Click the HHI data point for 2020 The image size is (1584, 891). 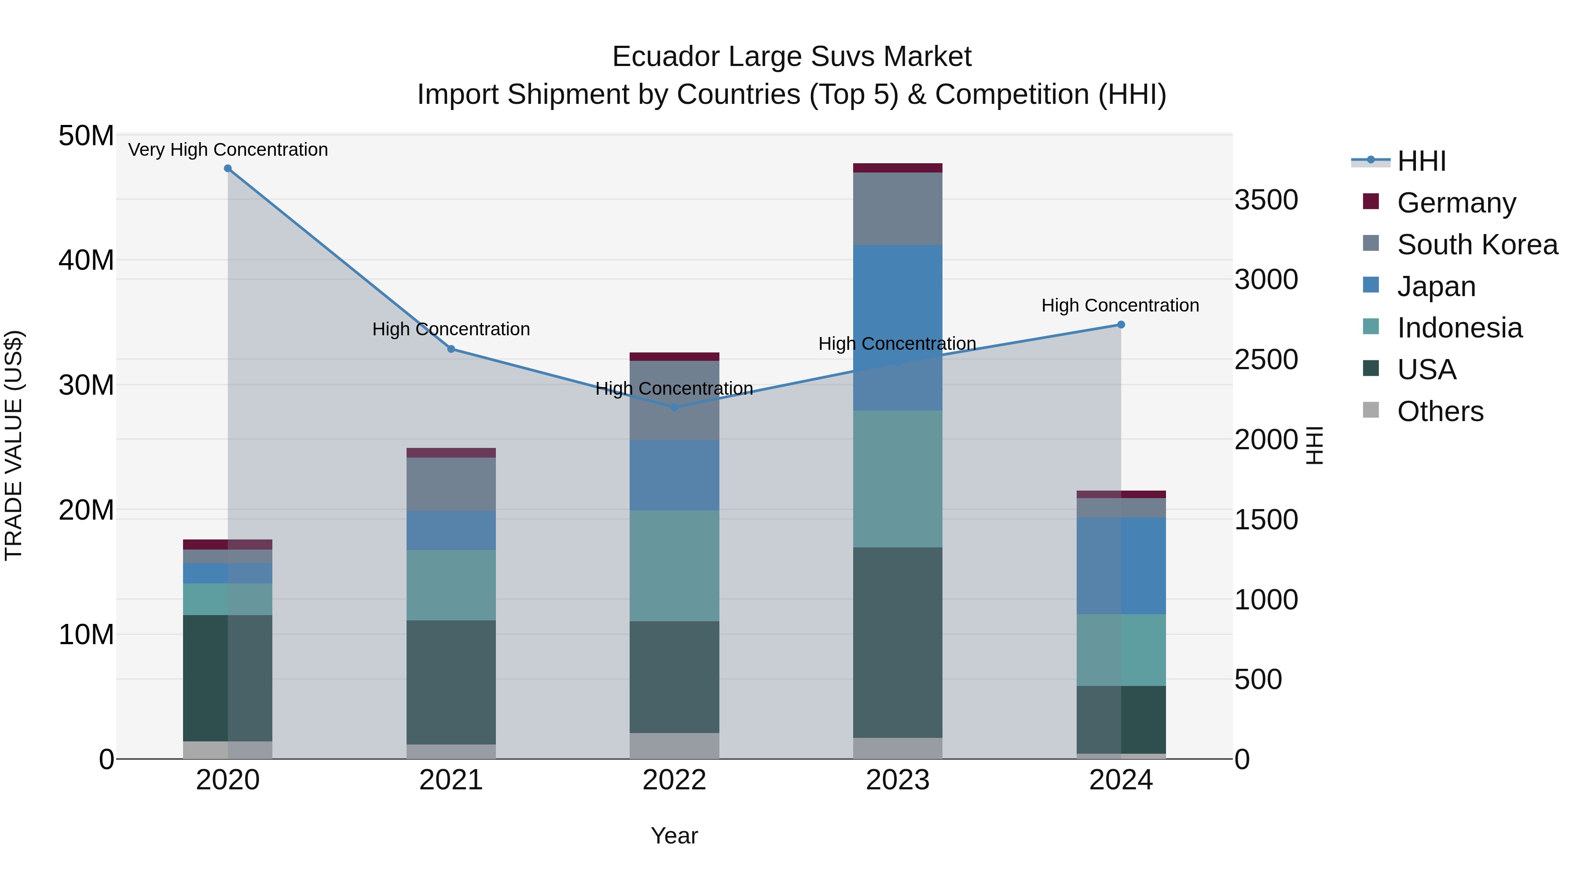tap(227, 169)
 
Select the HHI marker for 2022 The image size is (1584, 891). tap(674, 407)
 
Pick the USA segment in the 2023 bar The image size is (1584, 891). tap(897, 642)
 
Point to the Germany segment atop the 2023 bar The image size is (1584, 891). tap(897, 168)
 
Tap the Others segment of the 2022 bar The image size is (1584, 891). tap(674, 745)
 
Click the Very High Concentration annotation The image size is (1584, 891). tap(227, 150)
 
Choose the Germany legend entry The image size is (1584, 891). tap(1456, 203)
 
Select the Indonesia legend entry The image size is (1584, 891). tap(1459, 328)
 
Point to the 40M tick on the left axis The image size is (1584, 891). tap(86, 260)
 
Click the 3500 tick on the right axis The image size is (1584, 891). tap(1265, 200)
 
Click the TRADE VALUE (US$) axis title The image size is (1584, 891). tap(14, 445)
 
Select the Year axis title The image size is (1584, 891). tap(674, 836)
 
